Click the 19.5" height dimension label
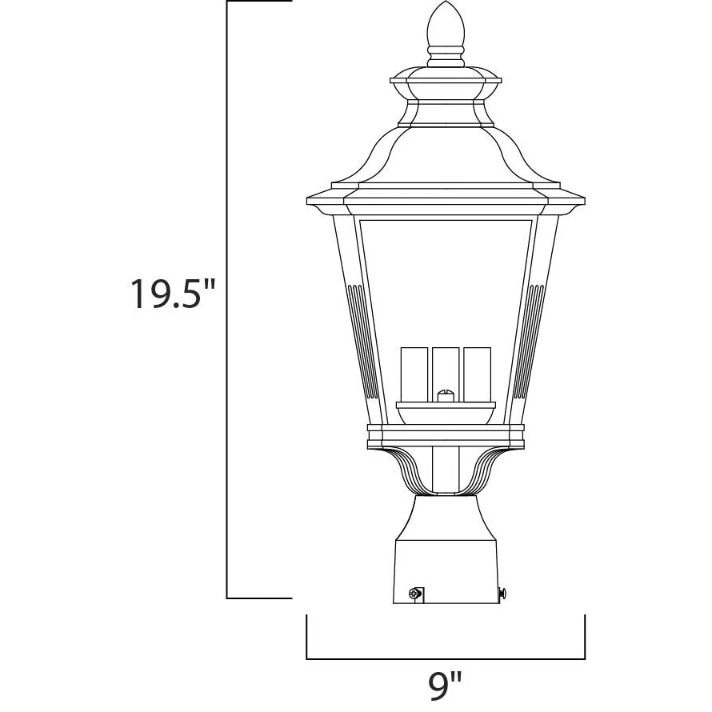pos(173,294)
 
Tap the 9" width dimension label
pos(445,684)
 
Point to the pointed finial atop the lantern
pos(446,24)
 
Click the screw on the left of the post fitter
pos(414,593)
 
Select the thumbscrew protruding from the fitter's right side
pos(502,593)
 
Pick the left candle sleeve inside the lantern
pos(414,374)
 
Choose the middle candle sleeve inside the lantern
pos(446,372)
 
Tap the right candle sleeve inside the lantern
pos(478,374)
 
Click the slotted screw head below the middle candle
pos(446,395)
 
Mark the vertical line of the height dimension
pos(226,300)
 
